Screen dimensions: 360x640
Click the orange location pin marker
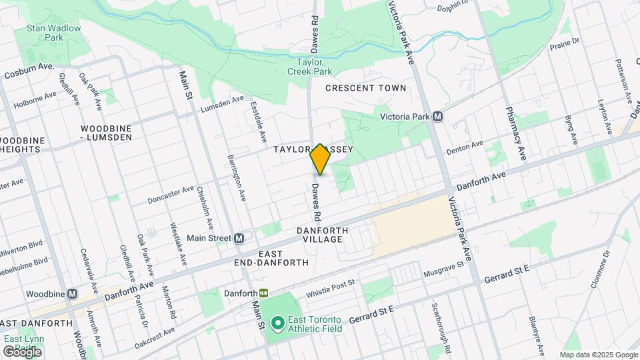pos(321,159)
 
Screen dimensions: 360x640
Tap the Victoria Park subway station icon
pos(438,116)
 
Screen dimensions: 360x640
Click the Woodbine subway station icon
pos(73,293)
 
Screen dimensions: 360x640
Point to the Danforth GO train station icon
pos(264,293)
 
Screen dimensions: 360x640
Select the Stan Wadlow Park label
pos(53,33)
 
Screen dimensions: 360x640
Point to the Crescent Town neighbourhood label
pos(365,88)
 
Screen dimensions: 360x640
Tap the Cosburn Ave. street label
pos(29,71)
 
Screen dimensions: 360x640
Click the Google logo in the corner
pos(21,351)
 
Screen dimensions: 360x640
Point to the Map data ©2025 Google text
pos(599,355)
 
